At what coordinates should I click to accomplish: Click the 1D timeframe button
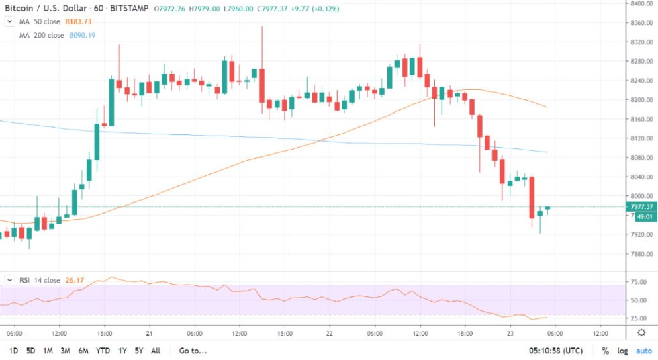pos(13,351)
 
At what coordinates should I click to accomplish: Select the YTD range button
pos(103,351)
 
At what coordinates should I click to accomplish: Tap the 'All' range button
pos(156,351)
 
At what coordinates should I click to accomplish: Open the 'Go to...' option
pos(193,351)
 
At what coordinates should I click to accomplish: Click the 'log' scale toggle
pos(623,351)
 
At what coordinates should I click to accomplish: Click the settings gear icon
pos(641,333)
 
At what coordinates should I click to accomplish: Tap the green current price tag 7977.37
pos(640,206)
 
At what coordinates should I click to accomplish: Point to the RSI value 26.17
pos(73,280)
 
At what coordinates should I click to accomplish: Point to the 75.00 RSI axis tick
pos(639,283)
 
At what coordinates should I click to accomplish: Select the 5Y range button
pos(138,351)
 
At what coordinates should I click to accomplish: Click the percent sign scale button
pos(605,351)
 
